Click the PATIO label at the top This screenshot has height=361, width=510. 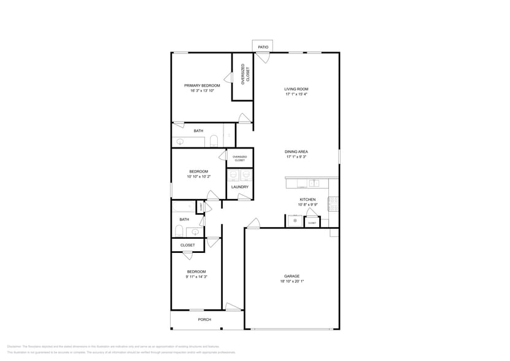point(263,47)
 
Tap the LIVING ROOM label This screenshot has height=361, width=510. point(296,89)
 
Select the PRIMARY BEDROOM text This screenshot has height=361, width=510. point(202,85)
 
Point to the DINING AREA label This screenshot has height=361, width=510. point(296,152)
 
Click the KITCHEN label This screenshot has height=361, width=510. point(307,200)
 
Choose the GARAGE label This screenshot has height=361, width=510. point(292,276)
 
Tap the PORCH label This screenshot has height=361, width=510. point(204,319)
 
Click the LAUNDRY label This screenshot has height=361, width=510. point(240,187)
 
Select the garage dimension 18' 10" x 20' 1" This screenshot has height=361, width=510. point(292,282)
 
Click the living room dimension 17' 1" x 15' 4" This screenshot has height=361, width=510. point(296,95)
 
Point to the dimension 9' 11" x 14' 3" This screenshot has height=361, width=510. point(196,277)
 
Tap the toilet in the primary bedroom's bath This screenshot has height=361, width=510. point(213,141)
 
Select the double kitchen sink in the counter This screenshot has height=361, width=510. point(314,183)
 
